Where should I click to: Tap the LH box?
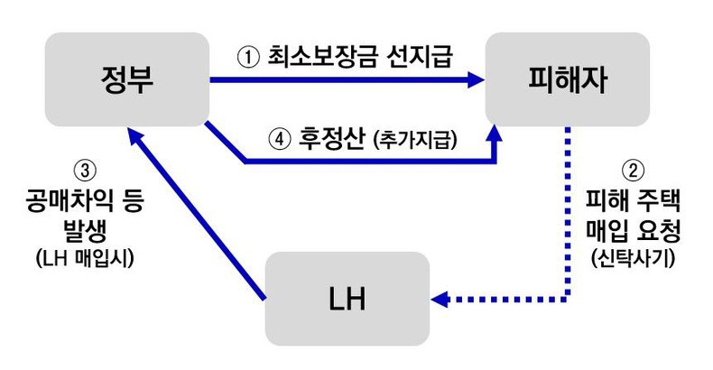pyautogui.click(x=347, y=299)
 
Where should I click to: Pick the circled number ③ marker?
pyautogui.click(x=83, y=169)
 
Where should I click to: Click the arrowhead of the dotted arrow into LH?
pyautogui.click(x=440, y=298)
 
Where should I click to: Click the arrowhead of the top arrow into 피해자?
pyautogui.click(x=476, y=81)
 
